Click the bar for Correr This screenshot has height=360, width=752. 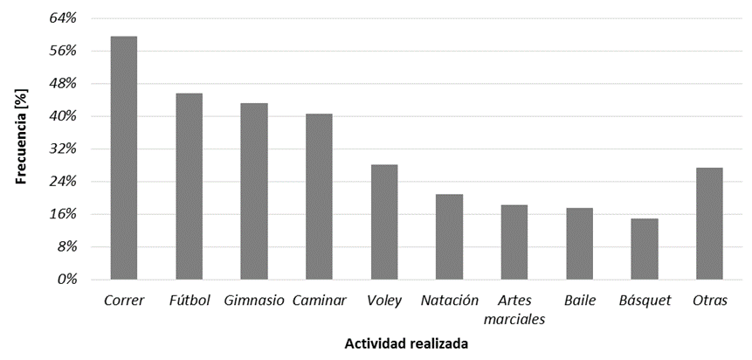click(x=124, y=158)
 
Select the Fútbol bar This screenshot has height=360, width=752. click(x=189, y=186)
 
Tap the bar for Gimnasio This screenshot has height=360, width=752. click(x=254, y=191)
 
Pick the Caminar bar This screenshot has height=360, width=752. click(x=319, y=197)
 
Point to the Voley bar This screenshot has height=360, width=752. click(x=384, y=222)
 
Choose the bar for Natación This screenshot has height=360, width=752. click(x=449, y=237)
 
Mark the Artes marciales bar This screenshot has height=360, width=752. click(x=514, y=242)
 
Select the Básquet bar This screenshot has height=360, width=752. click(x=645, y=249)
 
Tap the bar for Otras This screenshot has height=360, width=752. click(x=709, y=224)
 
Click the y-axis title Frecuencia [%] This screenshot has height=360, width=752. click(x=24, y=140)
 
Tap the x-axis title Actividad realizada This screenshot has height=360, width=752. click(x=405, y=344)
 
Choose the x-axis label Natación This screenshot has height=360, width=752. click(x=449, y=301)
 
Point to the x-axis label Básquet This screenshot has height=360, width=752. click(x=645, y=301)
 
